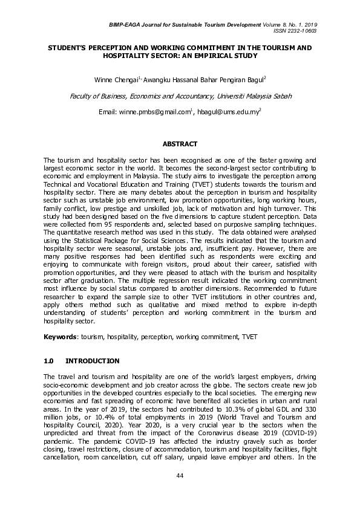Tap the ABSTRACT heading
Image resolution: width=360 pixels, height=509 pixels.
pyautogui.click(x=180, y=144)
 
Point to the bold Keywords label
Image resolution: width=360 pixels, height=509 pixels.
pyautogui.click(x=59, y=336)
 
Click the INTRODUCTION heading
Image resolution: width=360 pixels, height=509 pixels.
pyautogui.click(x=92, y=361)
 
